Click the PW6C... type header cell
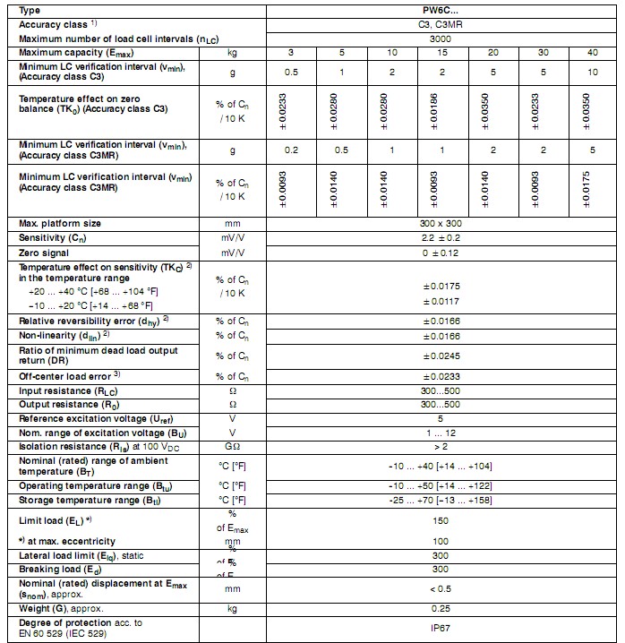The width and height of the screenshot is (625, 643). click(441, 11)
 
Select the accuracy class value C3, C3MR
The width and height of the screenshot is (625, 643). click(440, 25)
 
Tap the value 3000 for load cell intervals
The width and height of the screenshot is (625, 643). click(440, 39)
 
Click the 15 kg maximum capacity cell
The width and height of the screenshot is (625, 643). click(441, 54)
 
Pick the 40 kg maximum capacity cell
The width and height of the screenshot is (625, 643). click(593, 54)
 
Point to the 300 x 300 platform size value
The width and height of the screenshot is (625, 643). click(440, 223)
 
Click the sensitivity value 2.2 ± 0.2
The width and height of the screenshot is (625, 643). click(440, 238)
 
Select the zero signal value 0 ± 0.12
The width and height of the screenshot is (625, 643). click(440, 254)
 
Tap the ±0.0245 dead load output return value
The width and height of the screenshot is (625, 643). click(440, 356)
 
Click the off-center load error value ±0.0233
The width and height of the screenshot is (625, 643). click(440, 377)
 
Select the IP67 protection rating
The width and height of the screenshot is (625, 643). click(440, 628)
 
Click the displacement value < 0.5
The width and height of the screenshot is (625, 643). click(440, 588)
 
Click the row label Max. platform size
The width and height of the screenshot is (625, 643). click(60, 223)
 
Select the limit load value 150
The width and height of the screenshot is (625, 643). click(440, 519)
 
